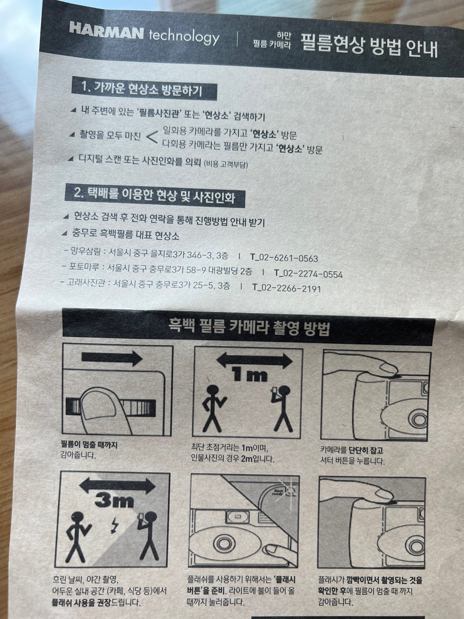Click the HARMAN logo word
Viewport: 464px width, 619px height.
[107, 31]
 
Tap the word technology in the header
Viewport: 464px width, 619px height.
[184, 37]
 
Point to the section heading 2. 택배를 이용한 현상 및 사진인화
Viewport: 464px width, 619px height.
[154, 196]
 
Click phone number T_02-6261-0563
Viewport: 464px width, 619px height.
[284, 258]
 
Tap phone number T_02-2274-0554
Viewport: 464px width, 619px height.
[308, 274]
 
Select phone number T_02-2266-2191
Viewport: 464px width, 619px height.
[287, 288]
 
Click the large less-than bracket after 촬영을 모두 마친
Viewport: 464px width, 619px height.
[152, 137]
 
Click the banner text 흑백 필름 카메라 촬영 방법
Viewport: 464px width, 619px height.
[249, 328]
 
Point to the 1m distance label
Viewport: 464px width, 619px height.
[250, 375]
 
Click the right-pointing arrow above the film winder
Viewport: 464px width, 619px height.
[112, 358]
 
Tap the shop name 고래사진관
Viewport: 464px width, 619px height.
[85, 282]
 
